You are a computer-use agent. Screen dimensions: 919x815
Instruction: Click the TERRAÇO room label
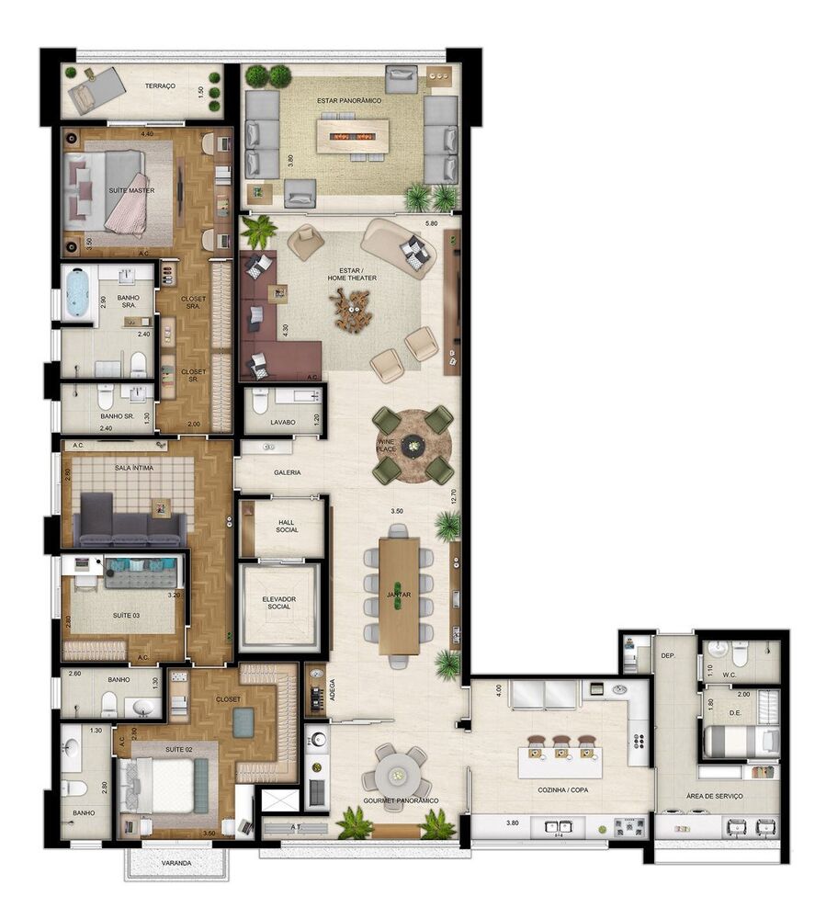(x=161, y=86)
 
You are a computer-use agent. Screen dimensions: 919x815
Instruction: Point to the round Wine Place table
(x=413, y=446)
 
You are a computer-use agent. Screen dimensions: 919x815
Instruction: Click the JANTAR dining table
(x=399, y=596)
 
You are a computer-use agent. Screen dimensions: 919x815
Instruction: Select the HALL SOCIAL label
(x=286, y=525)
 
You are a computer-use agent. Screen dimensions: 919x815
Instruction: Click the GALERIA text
(x=287, y=472)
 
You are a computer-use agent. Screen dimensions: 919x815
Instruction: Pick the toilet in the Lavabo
(x=259, y=401)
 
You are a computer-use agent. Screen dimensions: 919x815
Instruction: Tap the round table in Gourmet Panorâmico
(x=395, y=772)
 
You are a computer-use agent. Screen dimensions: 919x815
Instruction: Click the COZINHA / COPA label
(x=562, y=790)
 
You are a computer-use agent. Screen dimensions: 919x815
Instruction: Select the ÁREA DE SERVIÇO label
(x=714, y=796)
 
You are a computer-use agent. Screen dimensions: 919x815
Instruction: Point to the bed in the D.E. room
(x=740, y=740)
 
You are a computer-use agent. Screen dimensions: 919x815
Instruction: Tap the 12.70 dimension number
(x=454, y=496)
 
